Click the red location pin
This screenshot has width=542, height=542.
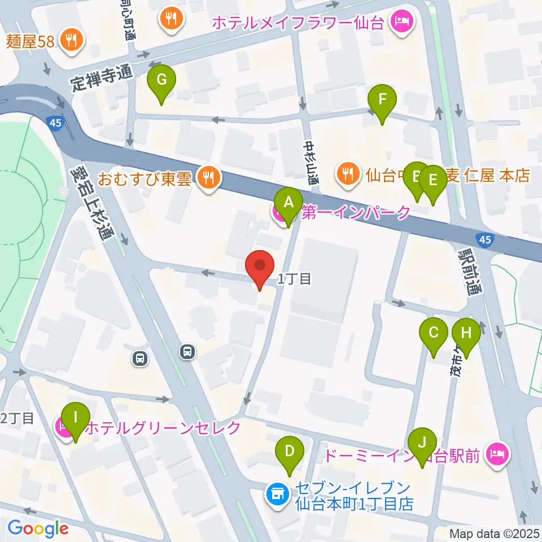click(x=260, y=266)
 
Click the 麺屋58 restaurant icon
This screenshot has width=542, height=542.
click(x=72, y=40)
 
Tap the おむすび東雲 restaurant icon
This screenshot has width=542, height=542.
click(x=209, y=179)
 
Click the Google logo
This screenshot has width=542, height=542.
click(x=38, y=528)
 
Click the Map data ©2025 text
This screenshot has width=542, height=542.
click(x=494, y=533)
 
